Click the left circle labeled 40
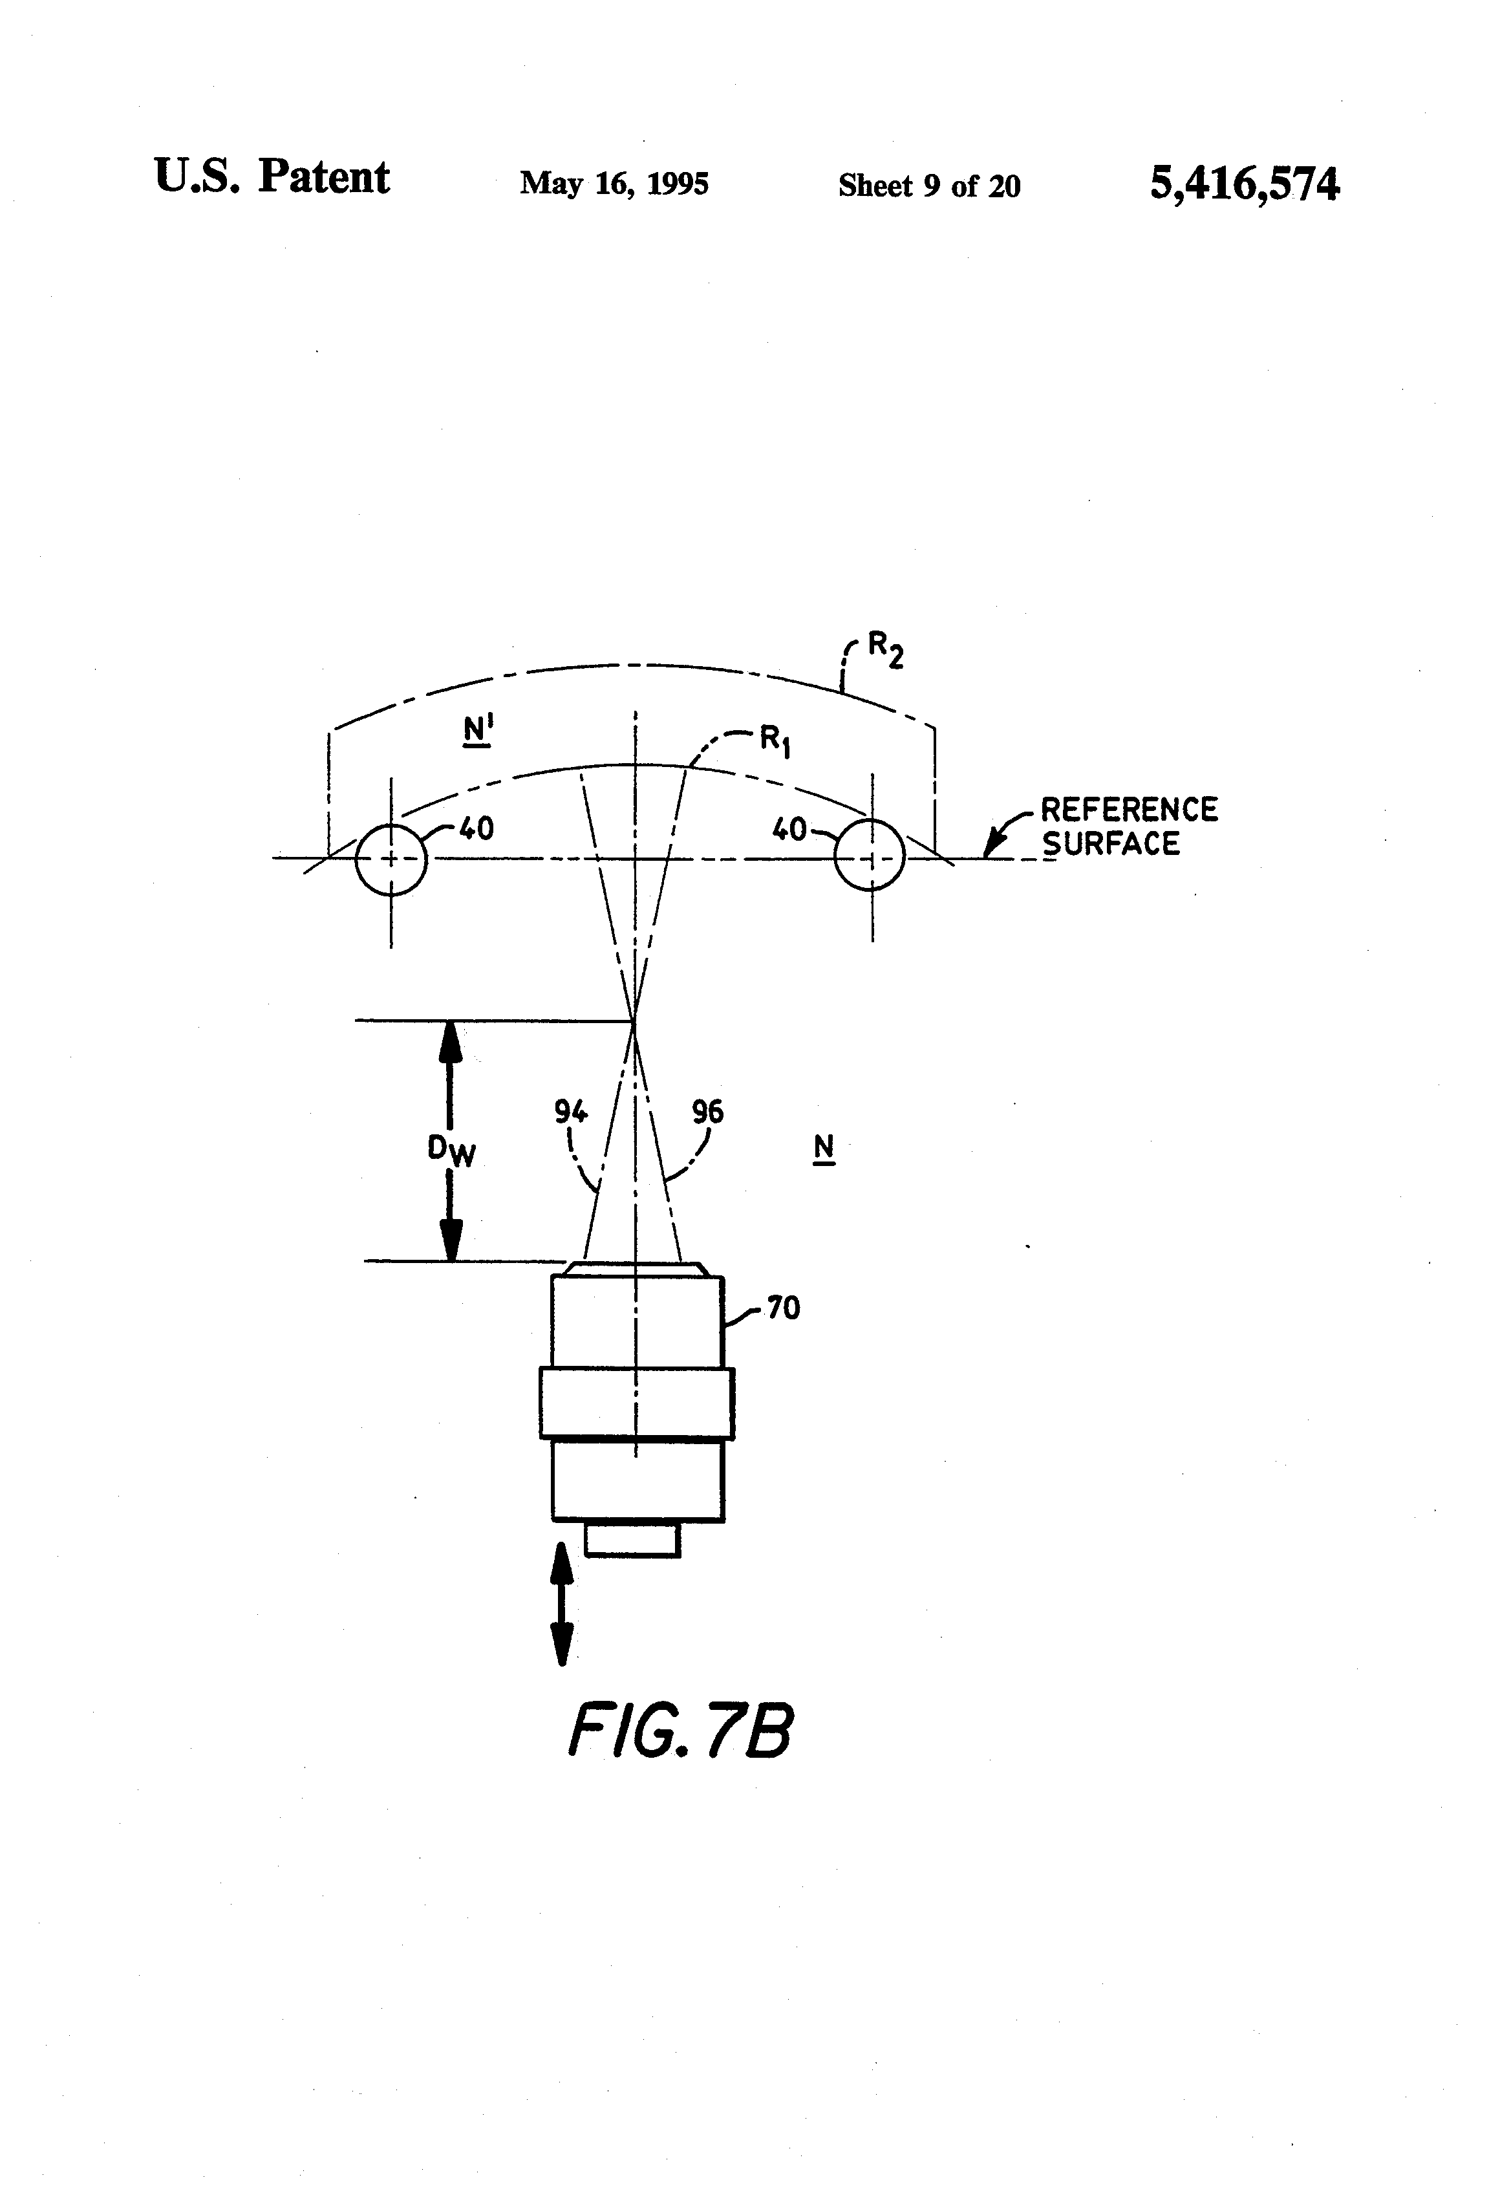[391, 859]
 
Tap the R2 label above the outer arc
[886, 650]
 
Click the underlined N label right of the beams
[824, 1149]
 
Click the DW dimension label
[451, 1151]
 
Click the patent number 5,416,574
[1244, 183]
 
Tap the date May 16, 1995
[614, 183]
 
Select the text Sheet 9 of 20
[928, 186]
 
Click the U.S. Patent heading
[271, 177]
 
